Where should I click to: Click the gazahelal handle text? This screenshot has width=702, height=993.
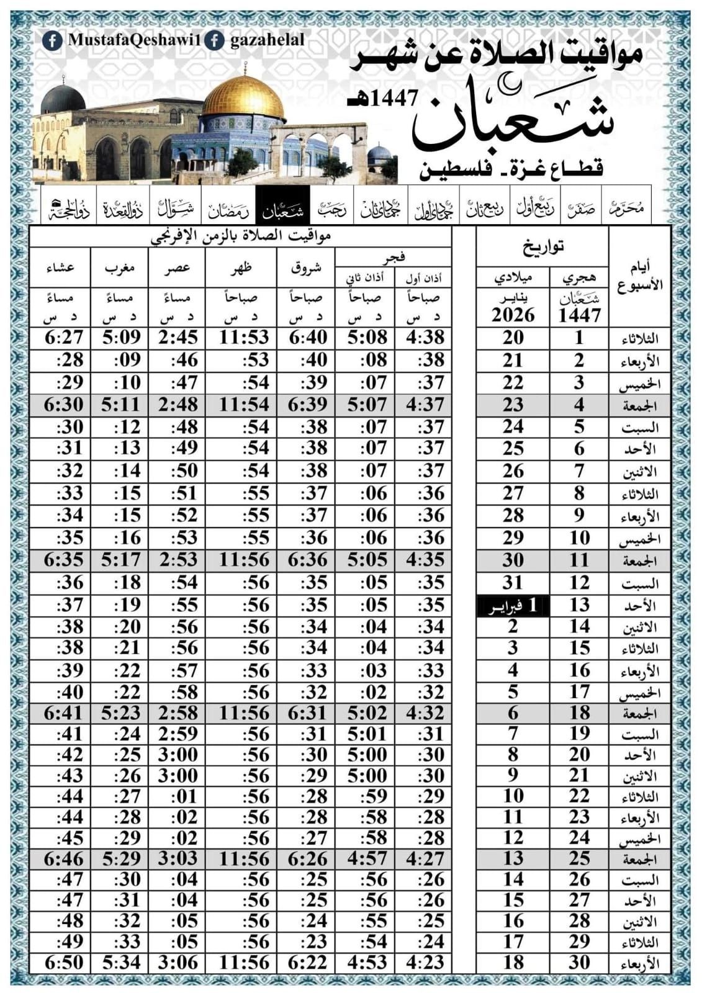click(x=267, y=40)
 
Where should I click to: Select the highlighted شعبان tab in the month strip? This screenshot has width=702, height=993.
click(x=282, y=211)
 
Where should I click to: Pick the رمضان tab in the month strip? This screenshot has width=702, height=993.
click(x=229, y=211)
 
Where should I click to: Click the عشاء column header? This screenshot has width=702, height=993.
click(x=60, y=267)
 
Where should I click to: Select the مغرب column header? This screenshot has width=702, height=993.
click(x=119, y=267)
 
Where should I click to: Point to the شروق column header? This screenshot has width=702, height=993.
click(x=306, y=267)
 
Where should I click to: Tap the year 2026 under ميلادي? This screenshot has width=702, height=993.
click(x=513, y=315)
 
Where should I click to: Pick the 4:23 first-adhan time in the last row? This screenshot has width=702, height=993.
click(x=425, y=963)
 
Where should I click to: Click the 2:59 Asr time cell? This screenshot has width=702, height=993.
click(x=178, y=734)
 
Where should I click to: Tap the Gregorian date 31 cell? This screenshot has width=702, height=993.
click(x=513, y=583)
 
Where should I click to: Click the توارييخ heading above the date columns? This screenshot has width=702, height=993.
click(x=542, y=246)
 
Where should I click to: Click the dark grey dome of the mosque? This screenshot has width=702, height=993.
click(x=63, y=99)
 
